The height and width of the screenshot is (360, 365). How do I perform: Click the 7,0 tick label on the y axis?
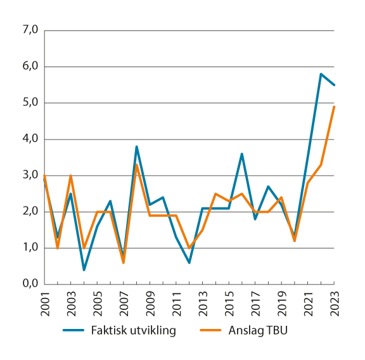coord(30,30)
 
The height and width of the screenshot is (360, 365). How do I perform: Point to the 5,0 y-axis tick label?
coord(30,103)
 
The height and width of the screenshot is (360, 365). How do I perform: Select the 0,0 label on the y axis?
coord(30,284)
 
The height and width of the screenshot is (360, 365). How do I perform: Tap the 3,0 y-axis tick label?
coord(30,176)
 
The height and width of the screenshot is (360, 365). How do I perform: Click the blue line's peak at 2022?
coord(321,74)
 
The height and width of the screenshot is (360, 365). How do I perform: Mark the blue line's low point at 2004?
coord(84,270)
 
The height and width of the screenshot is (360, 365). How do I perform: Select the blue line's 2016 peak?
coord(241,154)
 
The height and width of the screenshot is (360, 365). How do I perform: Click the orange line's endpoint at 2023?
coord(334,106)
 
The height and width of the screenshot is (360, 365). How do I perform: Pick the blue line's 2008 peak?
coord(136,146)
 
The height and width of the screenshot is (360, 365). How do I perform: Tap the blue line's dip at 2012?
coord(189,262)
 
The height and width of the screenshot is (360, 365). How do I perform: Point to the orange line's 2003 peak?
coord(70,176)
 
